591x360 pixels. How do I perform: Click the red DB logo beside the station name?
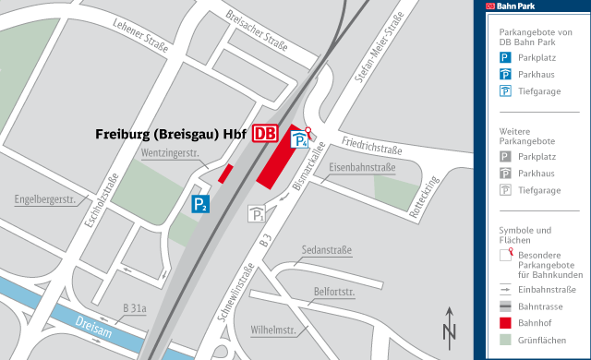coord(264,133)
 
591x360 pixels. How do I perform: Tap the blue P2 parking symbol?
coord(200,204)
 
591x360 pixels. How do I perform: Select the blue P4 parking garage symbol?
coord(300,140)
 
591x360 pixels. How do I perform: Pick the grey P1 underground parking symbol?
coord(256,215)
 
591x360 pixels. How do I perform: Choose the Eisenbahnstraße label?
coord(362,167)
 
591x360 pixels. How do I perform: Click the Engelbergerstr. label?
coord(44,199)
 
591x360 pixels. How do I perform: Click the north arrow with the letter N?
coord(450,326)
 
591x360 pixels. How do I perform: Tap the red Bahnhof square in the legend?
coord(505,323)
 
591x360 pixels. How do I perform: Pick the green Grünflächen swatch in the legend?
coord(505,342)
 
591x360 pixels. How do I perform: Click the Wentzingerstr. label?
coord(171,152)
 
